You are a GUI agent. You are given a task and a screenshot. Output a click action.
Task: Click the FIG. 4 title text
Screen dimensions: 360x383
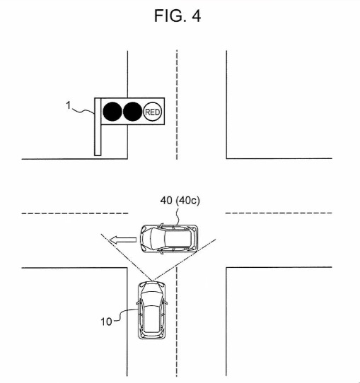pos(178,16)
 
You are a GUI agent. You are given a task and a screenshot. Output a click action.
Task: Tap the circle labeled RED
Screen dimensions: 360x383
pos(153,112)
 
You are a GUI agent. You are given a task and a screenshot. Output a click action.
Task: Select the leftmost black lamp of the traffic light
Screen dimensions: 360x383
pos(112,112)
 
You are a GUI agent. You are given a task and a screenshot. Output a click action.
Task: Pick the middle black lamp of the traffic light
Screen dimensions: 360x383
pos(132,112)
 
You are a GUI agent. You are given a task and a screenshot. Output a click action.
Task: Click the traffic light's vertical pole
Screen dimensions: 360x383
pos(98,126)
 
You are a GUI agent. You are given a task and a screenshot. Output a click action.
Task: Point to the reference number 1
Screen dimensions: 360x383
pos(68,105)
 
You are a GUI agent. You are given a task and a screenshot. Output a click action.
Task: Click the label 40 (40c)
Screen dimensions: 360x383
pos(180,201)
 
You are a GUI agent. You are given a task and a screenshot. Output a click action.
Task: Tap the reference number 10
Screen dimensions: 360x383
pos(106,322)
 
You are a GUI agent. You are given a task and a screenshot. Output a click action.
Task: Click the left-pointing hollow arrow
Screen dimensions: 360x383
pos(122,240)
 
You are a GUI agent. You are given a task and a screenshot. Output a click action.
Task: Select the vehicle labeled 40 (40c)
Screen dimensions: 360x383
pos(169,238)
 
